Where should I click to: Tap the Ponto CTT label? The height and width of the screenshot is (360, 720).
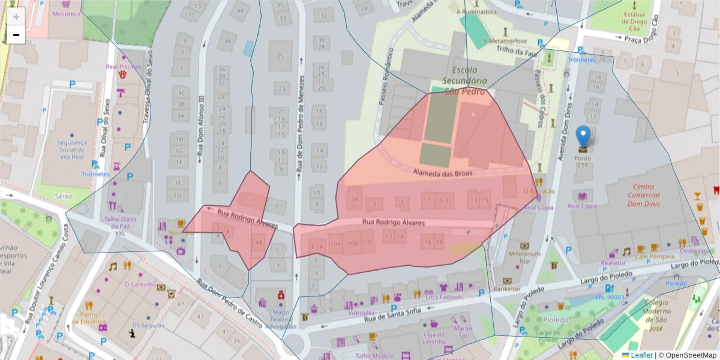[583, 162]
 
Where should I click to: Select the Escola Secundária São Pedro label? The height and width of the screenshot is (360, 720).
[469, 80]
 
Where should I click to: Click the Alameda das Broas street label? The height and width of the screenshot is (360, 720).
[443, 173]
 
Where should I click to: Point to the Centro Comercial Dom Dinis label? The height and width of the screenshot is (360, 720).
[643, 195]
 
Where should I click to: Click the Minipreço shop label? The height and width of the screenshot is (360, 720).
[66, 13]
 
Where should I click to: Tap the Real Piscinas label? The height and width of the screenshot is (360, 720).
[123, 67]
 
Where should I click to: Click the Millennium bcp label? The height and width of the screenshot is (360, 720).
[524, 257]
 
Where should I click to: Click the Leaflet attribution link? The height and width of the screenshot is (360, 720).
[641, 355]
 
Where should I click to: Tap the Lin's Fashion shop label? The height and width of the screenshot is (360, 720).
[443, 296]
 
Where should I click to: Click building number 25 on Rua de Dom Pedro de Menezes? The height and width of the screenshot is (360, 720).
[280, 56]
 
